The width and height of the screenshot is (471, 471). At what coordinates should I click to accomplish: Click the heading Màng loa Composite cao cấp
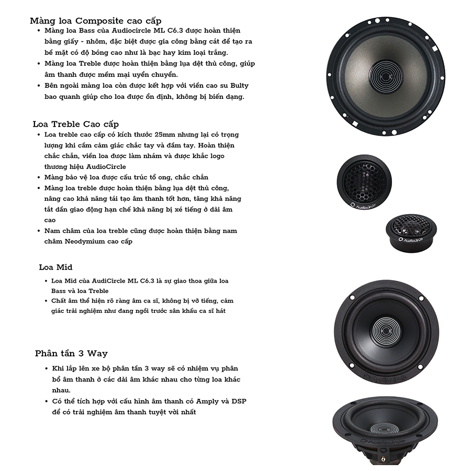pyautogui.click(x=92, y=21)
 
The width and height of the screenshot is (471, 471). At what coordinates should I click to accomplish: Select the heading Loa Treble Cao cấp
pyautogui.click(x=76, y=124)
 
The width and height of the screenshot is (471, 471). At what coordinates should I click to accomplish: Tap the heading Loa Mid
pyautogui.click(x=55, y=267)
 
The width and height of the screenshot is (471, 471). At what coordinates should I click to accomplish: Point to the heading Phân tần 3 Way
pyautogui.click(x=71, y=353)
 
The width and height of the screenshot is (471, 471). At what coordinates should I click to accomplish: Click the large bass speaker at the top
pyautogui.click(x=386, y=70)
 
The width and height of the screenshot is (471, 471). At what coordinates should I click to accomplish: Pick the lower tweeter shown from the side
pyautogui.click(x=411, y=230)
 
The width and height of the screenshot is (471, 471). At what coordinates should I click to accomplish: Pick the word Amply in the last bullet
pyautogui.click(x=207, y=401)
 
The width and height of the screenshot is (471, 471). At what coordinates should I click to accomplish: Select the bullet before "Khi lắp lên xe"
pyautogui.click(x=47, y=368)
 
